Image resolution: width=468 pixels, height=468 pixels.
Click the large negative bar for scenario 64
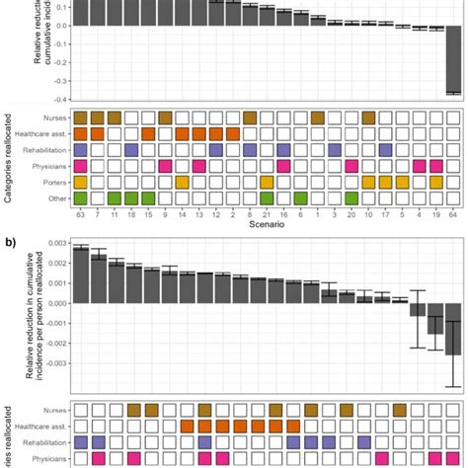[x=453, y=59]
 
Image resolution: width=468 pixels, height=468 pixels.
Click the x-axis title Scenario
[x=267, y=226]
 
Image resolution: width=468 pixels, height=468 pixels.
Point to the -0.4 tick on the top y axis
[x=60, y=99]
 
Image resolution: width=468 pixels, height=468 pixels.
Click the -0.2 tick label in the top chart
[x=60, y=61]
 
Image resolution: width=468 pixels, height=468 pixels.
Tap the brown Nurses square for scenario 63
[x=81, y=117]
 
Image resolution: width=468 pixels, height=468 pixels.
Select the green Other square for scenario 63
[x=81, y=198]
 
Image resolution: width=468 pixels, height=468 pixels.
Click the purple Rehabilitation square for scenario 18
[x=131, y=149]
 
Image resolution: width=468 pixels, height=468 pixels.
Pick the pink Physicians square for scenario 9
[x=165, y=166]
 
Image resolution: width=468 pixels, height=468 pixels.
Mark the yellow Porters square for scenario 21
[x=267, y=182]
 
